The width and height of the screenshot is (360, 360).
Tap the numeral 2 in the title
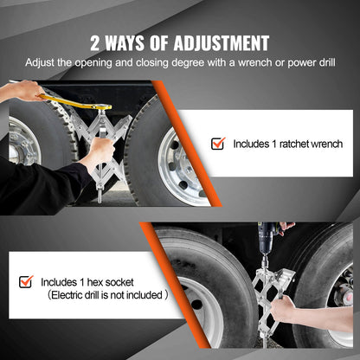pos(96,43)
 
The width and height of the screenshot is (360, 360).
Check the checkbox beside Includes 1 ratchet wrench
pos(218,143)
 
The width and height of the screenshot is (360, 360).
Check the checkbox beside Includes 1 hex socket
pos(26,281)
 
